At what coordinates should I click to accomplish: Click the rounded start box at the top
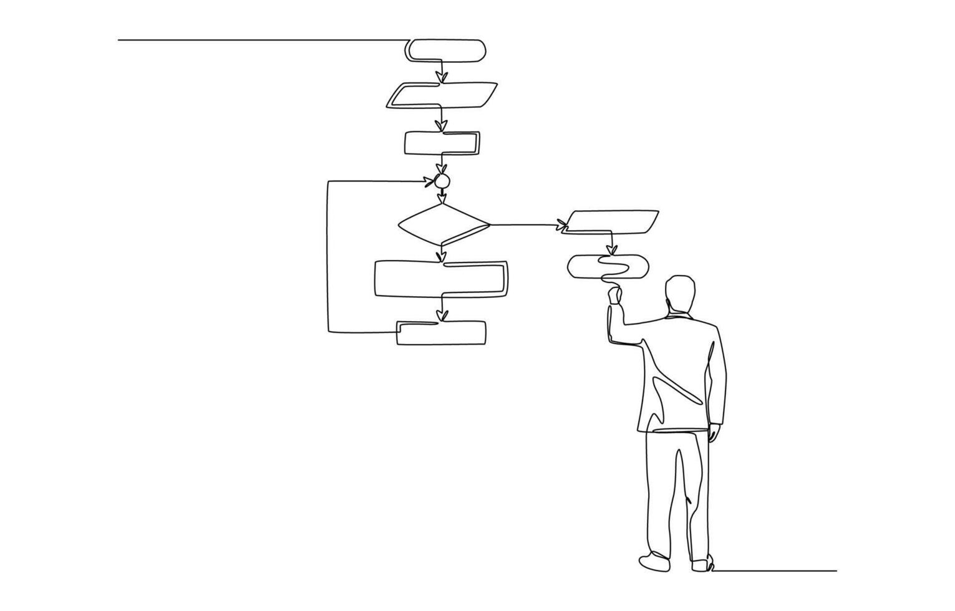tap(445, 50)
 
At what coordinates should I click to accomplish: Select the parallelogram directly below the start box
tap(442, 95)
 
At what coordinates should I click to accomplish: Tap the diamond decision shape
tap(444, 224)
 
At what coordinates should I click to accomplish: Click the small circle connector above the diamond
tap(442, 181)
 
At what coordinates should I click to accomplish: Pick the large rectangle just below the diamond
tap(440, 278)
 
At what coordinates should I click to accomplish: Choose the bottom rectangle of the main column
tap(442, 333)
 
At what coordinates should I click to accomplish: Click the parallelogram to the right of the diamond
tap(611, 221)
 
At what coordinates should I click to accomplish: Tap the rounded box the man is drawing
tap(608, 266)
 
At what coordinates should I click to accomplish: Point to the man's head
tap(680, 293)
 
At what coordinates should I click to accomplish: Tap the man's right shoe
tap(702, 564)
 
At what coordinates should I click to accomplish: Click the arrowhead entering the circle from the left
tap(429, 181)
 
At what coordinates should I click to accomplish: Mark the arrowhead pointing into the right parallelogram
tap(562, 224)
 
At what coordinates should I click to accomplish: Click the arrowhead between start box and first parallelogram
tap(441, 77)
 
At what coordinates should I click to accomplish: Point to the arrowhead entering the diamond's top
tap(442, 199)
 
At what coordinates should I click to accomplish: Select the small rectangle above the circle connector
tap(442, 143)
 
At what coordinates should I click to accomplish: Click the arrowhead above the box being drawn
tap(612, 250)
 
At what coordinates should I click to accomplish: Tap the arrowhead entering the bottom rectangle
tap(442, 315)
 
